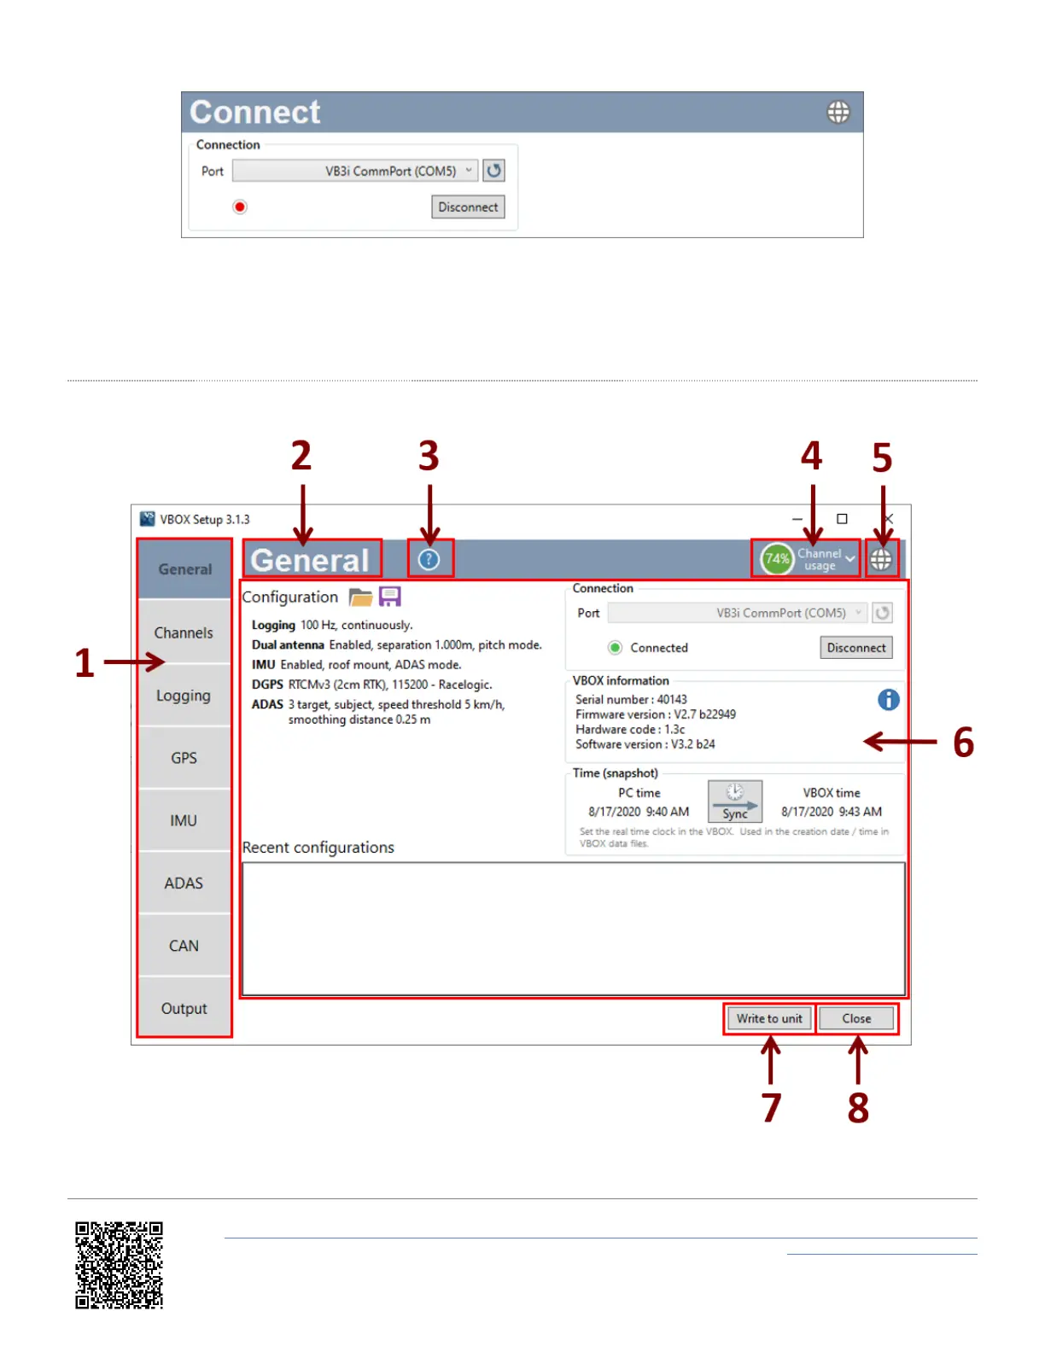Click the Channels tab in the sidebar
(184, 632)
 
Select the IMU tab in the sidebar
(184, 820)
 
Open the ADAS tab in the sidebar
(184, 883)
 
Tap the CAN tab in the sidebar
(184, 946)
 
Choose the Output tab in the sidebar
(184, 1008)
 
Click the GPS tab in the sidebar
(184, 758)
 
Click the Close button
(856, 1018)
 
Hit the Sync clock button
(735, 801)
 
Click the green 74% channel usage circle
(777, 559)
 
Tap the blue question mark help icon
(429, 559)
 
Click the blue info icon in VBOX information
(888, 700)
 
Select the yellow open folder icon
(360, 597)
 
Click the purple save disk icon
(390, 597)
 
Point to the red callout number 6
(963, 743)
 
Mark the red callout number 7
(772, 1108)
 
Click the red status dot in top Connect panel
(240, 207)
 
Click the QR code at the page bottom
(119, 1265)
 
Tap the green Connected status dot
(615, 648)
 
